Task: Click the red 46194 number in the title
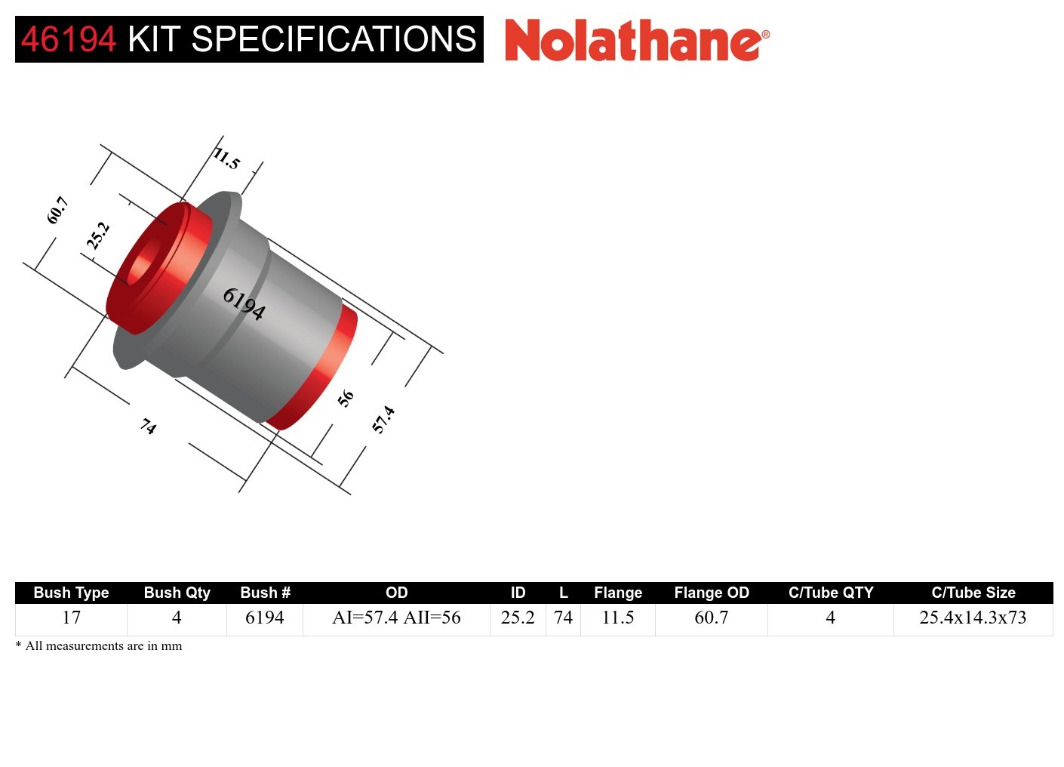pyautogui.click(x=69, y=39)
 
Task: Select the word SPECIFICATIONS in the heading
pyautogui.click(x=334, y=39)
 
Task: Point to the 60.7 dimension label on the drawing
pyautogui.click(x=57, y=210)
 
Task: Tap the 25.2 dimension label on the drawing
pyautogui.click(x=98, y=236)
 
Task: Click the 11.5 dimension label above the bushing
pyautogui.click(x=226, y=159)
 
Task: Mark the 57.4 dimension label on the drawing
pyautogui.click(x=383, y=419)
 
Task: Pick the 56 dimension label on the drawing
pyautogui.click(x=346, y=398)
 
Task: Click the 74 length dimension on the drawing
pyautogui.click(x=149, y=427)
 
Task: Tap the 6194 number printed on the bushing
pyautogui.click(x=244, y=303)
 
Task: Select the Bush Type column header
pyautogui.click(x=71, y=593)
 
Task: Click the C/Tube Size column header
pyautogui.click(x=973, y=593)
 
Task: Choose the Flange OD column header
pyautogui.click(x=711, y=593)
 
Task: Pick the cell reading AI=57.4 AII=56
pyautogui.click(x=396, y=618)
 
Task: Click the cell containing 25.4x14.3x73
pyautogui.click(x=973, y=618)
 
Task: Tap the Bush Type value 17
pyautogui.click(x=71, y=618)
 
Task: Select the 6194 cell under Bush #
pyautogui.click(x=264, y=618)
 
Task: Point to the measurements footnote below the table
pyautogui.click(x=99, y=646)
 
